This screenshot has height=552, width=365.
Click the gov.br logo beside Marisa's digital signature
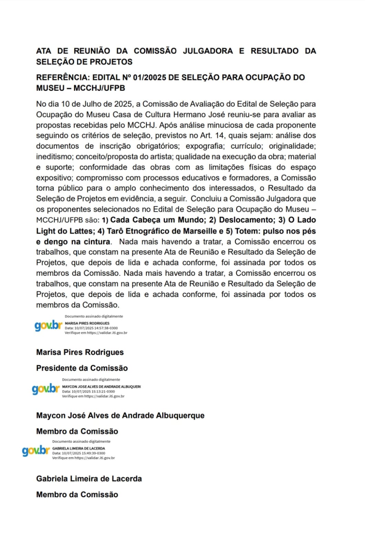pyautogui.click(x=48, y=325)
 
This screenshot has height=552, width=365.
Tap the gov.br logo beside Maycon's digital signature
pyautogui.click(x=45, y=389)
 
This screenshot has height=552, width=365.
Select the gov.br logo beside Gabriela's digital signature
pyautogui.click(x=36, y=451)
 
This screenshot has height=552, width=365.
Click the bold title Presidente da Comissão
pyautogui.click(x=82, y=368)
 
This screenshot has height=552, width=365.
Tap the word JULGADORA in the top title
pyautogui.click(x=208, y=51)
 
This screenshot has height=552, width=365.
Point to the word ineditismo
pyautogui.click(x=54, y=157)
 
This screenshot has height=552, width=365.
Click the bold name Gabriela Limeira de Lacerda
pyautogui.click(x=89, y=479)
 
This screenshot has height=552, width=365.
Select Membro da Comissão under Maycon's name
pyautogui.click(x=77, y=431)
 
